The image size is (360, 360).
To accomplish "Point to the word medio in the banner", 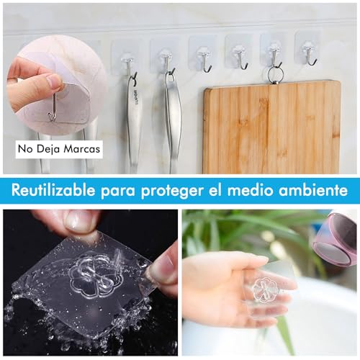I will [x=256, y=191].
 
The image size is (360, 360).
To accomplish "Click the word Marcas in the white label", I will [x=83, y=150].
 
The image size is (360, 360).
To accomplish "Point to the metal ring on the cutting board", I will [x=274, y=74].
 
